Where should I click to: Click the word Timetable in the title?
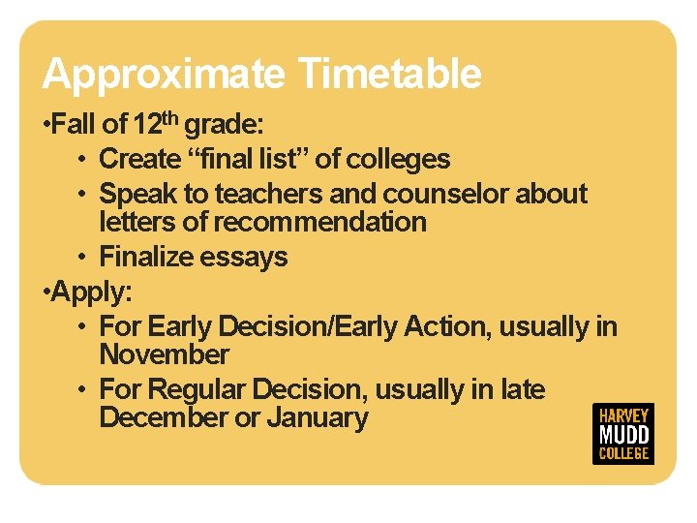[389, 74]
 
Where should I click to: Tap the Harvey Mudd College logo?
[622, 433]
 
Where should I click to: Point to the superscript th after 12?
[170, 119]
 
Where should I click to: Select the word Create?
[140, 159]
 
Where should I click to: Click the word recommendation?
[319, 222]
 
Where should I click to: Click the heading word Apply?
[82, 291]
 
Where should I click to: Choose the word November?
[164, 354]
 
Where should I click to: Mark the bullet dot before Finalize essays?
[84, 258]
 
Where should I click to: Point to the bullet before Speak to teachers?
[84, 195]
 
